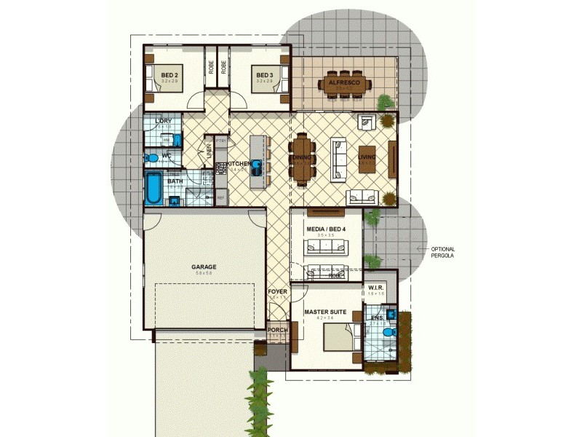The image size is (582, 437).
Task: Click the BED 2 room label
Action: click(170, 75)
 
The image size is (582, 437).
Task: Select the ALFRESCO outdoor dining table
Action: click(344, 83)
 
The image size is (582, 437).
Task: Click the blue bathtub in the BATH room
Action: click(154, 189)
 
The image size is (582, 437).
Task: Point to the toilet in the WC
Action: click(152, 157)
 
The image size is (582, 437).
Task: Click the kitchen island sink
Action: click(257, 165)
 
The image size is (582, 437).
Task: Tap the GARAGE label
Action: click(204, 267)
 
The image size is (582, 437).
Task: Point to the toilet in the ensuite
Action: click(388, 332)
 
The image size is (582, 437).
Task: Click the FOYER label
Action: click(278, 292)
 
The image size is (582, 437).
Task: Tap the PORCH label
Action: click(277, 330)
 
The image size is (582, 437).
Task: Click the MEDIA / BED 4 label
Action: click(326, 229)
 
